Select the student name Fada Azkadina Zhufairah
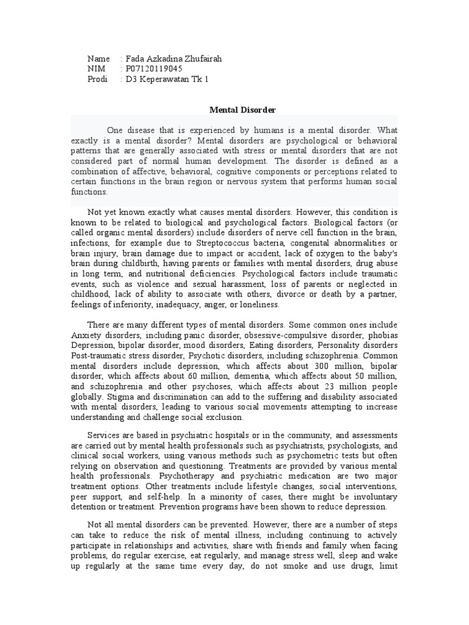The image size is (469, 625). [173, 59]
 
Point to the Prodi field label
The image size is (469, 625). [98, 79]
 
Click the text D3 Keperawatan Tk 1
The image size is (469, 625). [167, 79]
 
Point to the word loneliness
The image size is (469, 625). [261, 304]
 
